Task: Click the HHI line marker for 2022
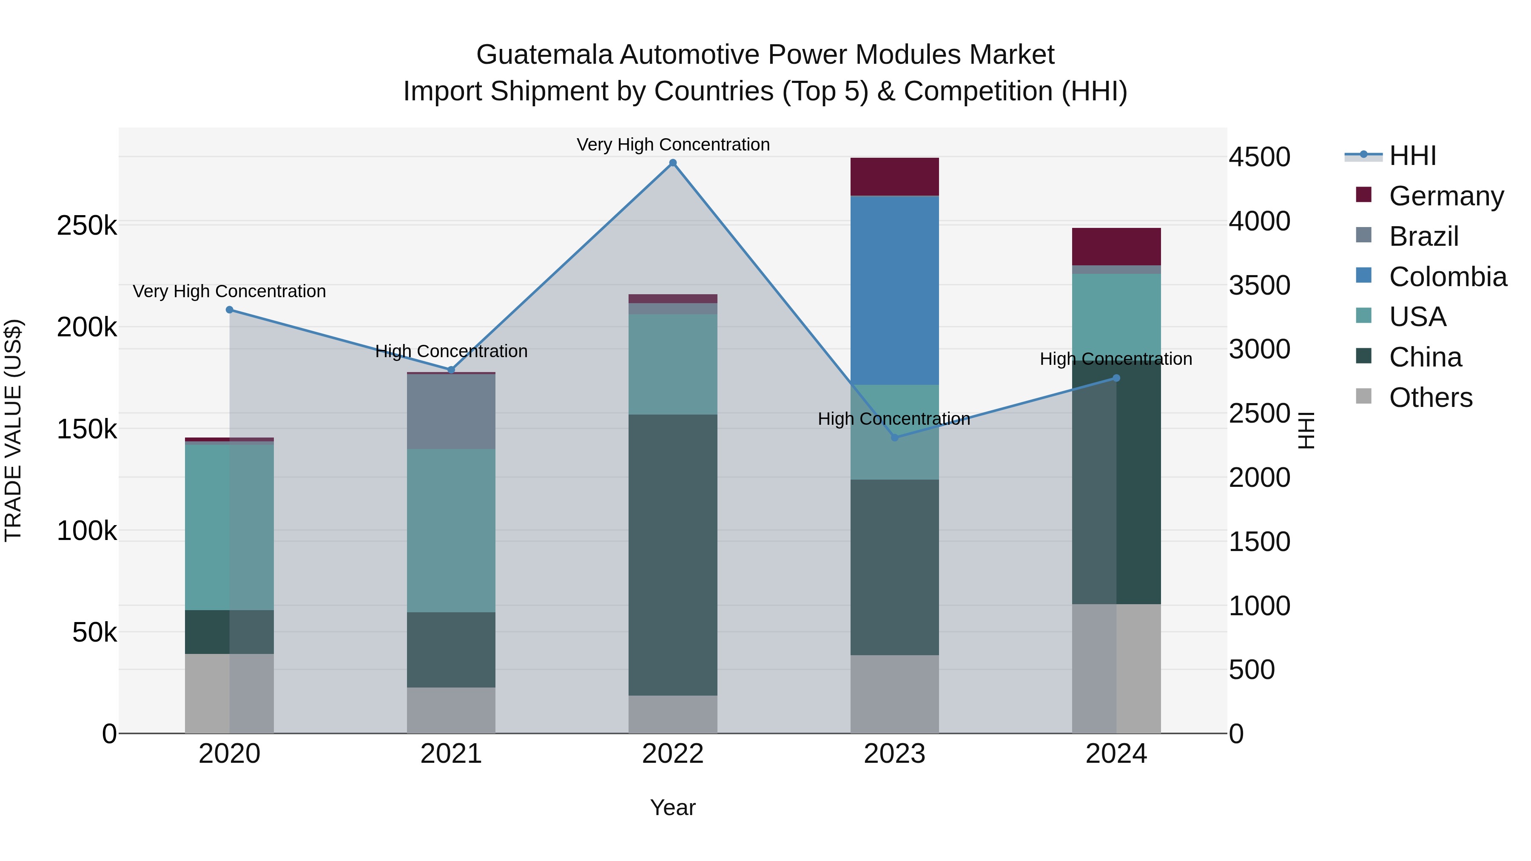click(x=673, y=163)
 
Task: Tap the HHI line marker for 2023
click(x=894, y=438)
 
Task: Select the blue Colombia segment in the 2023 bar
click(x=894, y=290)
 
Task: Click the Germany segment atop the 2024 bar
click(x=1116, y=246)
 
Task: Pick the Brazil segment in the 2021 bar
click(x=451, y=411)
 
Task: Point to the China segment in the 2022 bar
click(x=673, y=554)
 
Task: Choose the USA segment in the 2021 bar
click(x=451, y=530)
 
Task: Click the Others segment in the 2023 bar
click(x=894, y=693)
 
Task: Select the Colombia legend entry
click(x=1447, y=277)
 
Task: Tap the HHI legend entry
click(x=1411, y=156)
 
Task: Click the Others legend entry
click(x=1429, y=398)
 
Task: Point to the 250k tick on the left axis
click(x=87, y=226)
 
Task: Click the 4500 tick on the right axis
click(x=1259, y=157)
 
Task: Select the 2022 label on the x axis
click(x=673, y=754)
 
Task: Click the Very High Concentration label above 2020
click(x=229, y=291)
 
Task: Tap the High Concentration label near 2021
click(x=451, y=351)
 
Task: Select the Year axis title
click(x=673, y=807)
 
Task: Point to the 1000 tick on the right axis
click(x=1259, y=606)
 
